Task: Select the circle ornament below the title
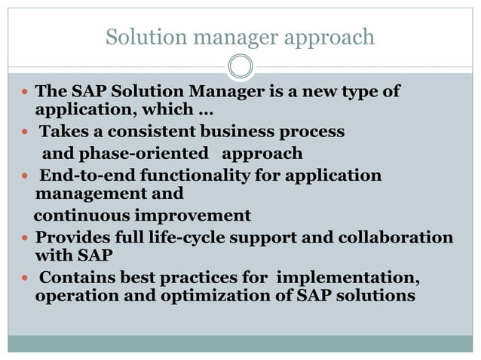pyautogui.click(x=240, y=67)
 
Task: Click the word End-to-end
pyautogui.click(x=81, y=175)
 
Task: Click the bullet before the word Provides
pyautogui.click(x=26, y=238)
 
